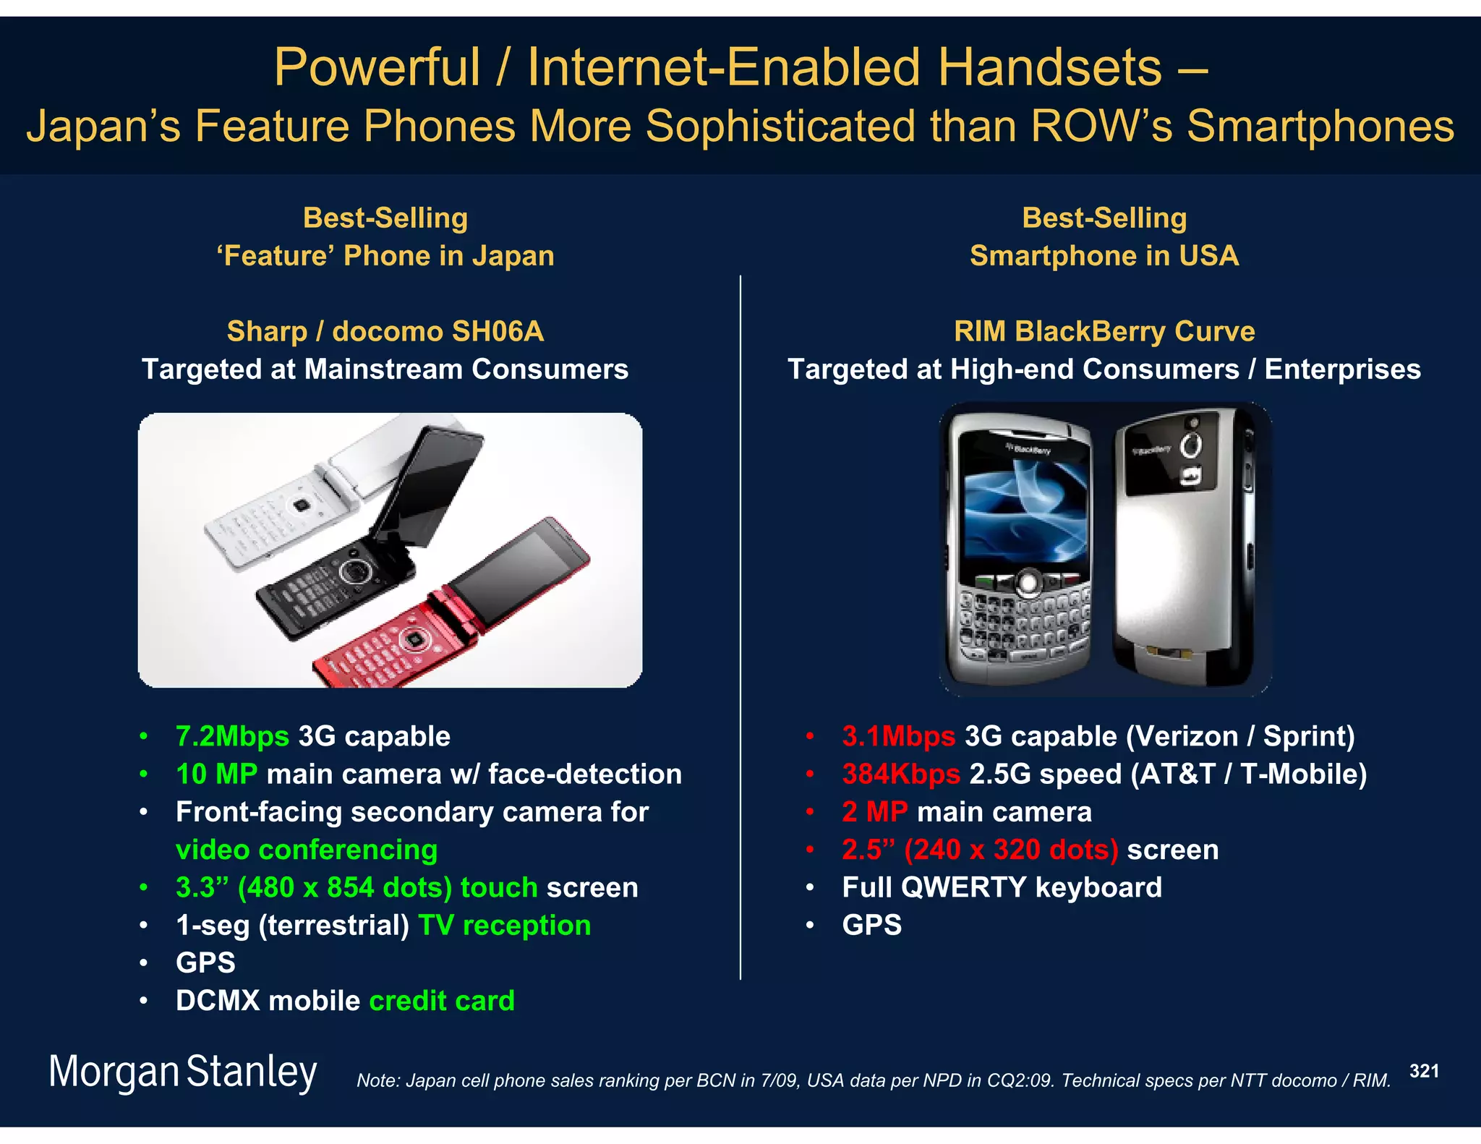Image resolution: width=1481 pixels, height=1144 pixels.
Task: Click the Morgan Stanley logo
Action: [x=182, y=1072]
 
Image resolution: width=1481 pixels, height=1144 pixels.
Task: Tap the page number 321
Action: [x=1423, y=1071]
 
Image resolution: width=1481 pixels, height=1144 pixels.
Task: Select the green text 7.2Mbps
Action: [x=232, y=736]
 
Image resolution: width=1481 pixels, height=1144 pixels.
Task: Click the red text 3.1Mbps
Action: [x=898, y=736]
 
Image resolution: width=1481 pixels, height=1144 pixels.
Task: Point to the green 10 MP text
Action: [x=216, y=774]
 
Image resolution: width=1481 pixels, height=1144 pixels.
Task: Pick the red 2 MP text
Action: [x=874, y=811]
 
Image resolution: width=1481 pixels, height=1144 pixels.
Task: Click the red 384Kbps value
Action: [x=900, y=774]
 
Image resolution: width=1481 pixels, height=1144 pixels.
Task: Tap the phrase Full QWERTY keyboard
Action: [x=1002, y=887]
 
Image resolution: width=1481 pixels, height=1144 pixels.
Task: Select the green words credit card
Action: [x=442, y=1001]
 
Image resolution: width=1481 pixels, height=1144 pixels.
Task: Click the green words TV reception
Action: [x=504, y=925]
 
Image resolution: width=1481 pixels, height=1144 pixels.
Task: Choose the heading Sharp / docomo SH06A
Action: [x=385, y=331]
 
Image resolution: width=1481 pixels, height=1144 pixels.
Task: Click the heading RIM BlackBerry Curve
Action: [x=1104, y=331]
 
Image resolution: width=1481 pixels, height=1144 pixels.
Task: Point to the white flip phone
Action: [x=304, y=506]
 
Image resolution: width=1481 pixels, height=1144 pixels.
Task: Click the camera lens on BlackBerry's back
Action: [x=1191, y=444]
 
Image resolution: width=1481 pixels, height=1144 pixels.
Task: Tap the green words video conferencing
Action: [x=307, y=850]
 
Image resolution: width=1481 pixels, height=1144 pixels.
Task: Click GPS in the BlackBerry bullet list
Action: [x=871, y=925]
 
